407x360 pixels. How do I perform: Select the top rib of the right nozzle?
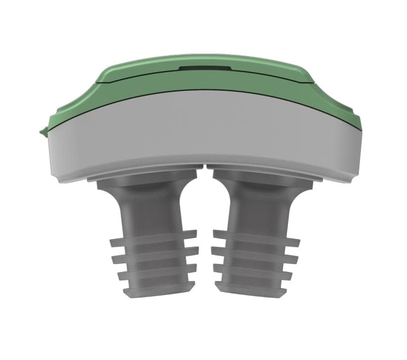(x=256, y=237)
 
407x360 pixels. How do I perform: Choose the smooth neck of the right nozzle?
(x=253, y=208)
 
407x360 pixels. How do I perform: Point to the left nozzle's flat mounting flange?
(x=142, y=178)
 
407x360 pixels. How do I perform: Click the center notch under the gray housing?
(x=204, y=167)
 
